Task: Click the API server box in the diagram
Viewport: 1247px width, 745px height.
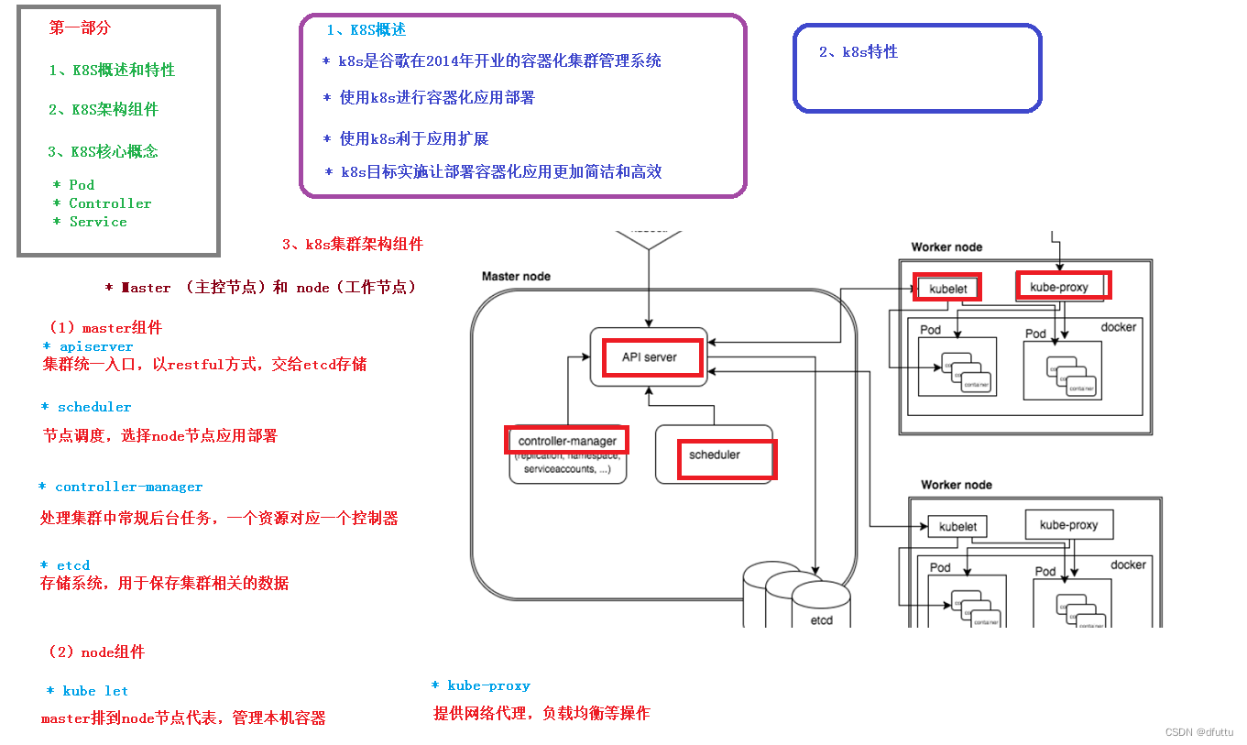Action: [650, 356]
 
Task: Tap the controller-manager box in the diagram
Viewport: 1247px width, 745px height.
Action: [567, 441]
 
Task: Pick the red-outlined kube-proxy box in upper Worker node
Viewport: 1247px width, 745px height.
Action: [1063, 286]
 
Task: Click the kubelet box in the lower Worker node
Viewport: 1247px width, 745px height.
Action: [957, 527]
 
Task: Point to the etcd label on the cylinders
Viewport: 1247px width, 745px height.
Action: [822, 620]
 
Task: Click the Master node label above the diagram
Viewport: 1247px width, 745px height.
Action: [516, 276]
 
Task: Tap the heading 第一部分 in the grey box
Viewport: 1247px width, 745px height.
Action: [80, 27]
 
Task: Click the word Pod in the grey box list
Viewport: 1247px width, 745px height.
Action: [82, 184]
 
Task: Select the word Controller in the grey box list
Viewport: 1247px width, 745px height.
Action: [110, 203]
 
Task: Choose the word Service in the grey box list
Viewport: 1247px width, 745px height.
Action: [98, 222]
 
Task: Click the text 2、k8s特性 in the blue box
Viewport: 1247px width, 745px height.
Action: [859, 51]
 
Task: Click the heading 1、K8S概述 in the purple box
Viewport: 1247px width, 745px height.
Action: [366, 29]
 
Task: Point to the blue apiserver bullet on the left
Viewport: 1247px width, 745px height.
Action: [95, 346]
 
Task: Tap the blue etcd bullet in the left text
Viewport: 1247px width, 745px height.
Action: [72, 565]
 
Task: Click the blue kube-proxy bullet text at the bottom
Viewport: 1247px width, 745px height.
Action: [488, 685]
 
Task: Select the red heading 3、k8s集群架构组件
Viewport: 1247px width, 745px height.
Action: [353, 244]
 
